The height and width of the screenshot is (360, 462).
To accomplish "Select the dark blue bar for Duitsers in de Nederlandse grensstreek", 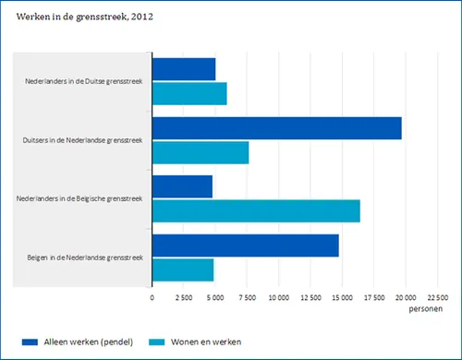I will coord(276,128).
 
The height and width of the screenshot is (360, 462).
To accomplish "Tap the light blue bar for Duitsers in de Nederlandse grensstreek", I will coord(201,152).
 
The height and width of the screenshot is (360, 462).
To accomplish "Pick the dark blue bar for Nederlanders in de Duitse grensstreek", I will coord(184,69).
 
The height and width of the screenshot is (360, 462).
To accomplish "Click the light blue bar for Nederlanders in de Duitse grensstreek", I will coord(189,93).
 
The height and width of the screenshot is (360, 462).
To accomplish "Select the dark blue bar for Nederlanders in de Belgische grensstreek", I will coord(182,186).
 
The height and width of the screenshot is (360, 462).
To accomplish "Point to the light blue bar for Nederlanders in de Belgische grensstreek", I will coord(256,210).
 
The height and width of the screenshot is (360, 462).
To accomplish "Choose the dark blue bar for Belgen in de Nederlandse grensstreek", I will coord(246,246).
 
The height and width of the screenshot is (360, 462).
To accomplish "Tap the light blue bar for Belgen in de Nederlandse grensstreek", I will coord(183,270).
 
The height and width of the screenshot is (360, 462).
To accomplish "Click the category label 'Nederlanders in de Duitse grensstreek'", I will coord(84,81).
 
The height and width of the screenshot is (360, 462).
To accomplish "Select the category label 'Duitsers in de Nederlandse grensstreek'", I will coord(82,140).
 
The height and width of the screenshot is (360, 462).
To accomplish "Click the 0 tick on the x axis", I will coord(152,297).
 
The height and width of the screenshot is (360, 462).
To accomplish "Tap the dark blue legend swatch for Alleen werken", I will coord(28,342).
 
